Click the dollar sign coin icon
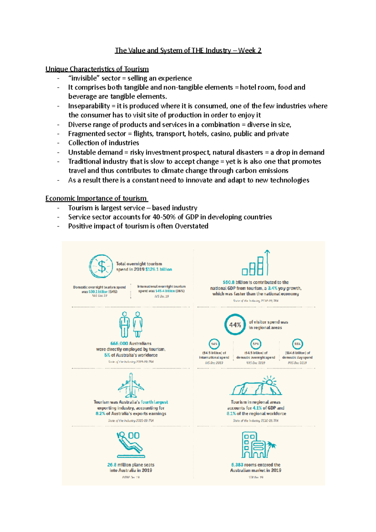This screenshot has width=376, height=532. coord(101,266)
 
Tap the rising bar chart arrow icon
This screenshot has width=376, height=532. coord(256,264)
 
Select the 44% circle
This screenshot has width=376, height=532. coord(235,325)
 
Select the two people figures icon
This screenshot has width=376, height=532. coord(131,325)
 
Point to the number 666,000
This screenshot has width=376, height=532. coord(119,343)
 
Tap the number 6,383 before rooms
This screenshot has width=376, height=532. coord(237,465)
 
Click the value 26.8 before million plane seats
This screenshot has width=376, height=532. coord(112,465)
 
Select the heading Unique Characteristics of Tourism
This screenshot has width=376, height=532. coord(97,69)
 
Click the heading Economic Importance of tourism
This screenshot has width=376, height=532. coord(96,198)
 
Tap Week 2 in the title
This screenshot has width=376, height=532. coord(250,50)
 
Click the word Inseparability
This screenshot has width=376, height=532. coord(89,106)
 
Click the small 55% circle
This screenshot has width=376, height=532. coord(297,344)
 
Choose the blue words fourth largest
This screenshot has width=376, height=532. coord(154,402)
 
